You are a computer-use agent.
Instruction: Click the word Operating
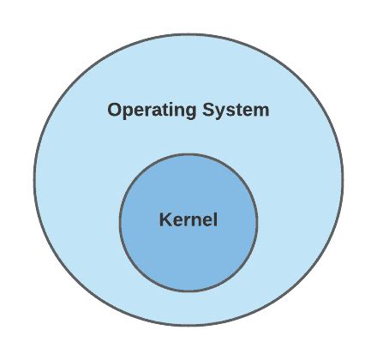click(152, 111)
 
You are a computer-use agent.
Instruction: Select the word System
click(236, 111)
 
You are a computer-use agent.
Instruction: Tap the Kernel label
click(188, 219)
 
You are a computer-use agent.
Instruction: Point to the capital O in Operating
click(115, 110)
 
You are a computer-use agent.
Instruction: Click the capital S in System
click(209, 110)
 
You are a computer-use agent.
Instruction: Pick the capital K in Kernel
click(165, 219)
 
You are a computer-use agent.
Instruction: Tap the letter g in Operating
click(190, 112)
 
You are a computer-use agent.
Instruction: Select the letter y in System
click(222, 113)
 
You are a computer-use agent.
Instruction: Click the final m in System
click(260, 111)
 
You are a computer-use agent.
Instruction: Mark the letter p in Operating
click(129, 112)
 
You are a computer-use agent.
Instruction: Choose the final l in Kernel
click(216, 219)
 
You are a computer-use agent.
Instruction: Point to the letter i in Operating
click(170, 110)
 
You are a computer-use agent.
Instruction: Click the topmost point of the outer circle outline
click(188, 35)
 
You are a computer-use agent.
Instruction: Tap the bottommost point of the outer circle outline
click(188, 325)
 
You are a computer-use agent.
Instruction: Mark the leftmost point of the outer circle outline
click(34, 180)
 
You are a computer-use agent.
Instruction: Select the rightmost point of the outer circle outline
click(343, 180)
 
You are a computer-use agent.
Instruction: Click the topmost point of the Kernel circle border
click(188, 154)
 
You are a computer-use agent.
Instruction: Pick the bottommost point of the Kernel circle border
click(188, 291)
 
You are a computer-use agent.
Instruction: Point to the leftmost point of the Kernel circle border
click(120, 223)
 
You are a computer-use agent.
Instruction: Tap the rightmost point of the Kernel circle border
click(257, 223)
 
